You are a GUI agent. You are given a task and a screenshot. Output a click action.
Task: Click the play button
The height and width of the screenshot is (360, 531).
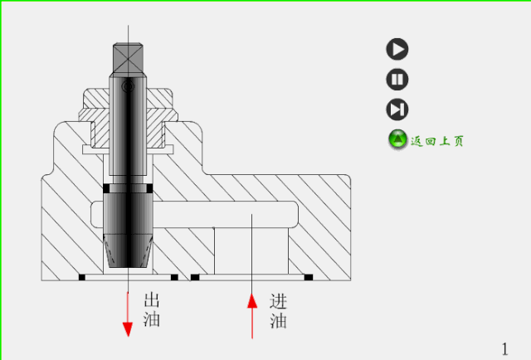pyautogui.click(x=397, y=49)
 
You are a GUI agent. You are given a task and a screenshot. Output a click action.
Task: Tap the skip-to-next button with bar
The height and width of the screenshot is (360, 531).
pyautogui.click(x=397, y=109)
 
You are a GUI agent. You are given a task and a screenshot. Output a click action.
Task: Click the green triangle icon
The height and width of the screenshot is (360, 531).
pyautogui.click(x=397, y=140)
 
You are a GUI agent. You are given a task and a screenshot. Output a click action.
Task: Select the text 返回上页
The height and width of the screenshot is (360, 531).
pyautogui.click(x=437, y=141)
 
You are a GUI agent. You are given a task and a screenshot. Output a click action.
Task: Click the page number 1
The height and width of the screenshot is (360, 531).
pyautogui.click(x=505, y=348)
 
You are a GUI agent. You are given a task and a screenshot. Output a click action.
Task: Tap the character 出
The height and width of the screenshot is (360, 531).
pyautogui.click(x=153, y=300)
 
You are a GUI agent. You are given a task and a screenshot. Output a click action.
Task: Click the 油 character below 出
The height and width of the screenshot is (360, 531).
pyautogui.click(x=153, y=319)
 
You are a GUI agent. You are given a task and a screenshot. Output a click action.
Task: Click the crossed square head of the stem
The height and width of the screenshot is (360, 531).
pyautogui.click(x=129, y=57)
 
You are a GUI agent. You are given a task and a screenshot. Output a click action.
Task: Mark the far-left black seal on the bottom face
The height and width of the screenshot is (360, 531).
pyautogui.click(x=82, y=276)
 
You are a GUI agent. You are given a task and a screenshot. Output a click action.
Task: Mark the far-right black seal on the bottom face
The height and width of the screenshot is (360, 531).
pyautogui.click(x=308, y=276)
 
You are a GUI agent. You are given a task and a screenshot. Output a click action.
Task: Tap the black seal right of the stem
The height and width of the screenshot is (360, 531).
pyautogui.click(x=150, y=189)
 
